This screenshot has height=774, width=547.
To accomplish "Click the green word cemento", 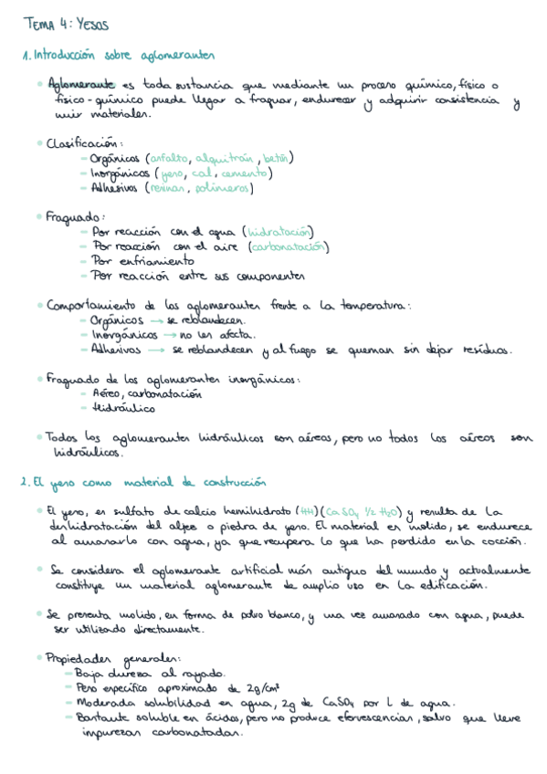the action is [x=245, y=173].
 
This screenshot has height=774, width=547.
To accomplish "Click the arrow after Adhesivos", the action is [x=155, y=350].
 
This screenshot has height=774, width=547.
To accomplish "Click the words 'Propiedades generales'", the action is [x=115, y=657].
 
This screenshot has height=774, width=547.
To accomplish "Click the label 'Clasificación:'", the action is [x=84, y=142].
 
